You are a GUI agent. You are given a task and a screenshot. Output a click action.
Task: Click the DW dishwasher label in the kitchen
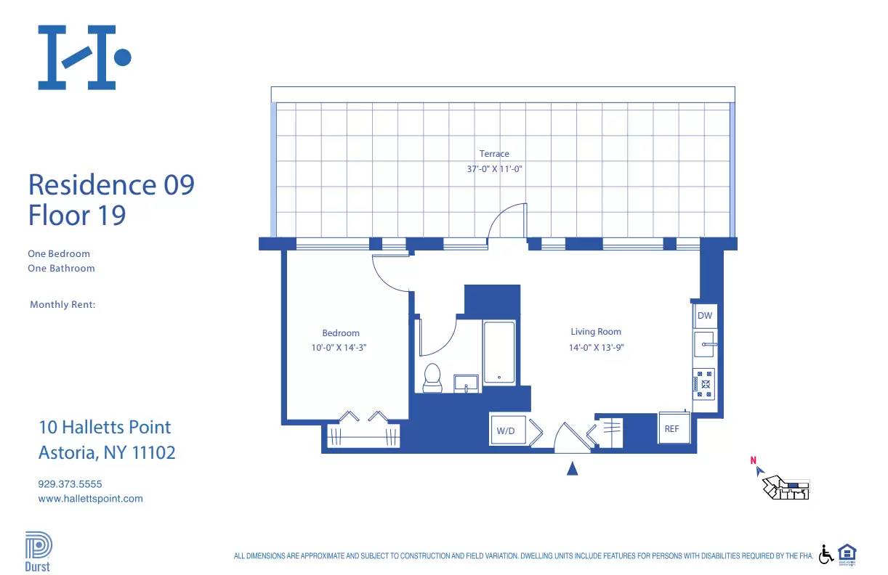tap(704, 316)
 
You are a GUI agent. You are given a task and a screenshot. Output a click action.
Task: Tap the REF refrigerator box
tap(671, 428)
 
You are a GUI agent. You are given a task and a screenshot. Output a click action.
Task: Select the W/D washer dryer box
tap(506, 431)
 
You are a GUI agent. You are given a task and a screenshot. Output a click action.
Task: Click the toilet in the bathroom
tap(432, 378)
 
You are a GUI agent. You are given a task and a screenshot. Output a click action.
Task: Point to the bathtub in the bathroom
tap(499, 352)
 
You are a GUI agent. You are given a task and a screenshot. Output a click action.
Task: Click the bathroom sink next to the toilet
tap(466, 383)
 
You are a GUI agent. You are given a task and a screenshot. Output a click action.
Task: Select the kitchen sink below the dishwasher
tap(704, 345)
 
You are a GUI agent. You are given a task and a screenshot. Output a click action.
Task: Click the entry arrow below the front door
tap(572, 469)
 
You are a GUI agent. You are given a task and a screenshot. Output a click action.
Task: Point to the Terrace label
tap(494, 154)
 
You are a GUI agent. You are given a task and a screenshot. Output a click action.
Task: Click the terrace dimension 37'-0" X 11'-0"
tap(494, 169)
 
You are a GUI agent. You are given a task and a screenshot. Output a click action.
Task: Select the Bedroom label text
tap(341, 333)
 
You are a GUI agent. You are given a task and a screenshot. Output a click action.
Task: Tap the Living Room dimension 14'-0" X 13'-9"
tap(596, 348)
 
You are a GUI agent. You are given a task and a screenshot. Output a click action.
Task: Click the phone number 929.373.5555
tap(70, 484)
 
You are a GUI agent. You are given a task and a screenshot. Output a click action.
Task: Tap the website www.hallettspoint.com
tap(90, 499)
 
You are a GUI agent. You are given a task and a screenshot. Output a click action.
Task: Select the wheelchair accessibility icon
tap(826, 554)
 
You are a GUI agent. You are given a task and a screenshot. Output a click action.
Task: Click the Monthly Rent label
tap(62, 305)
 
